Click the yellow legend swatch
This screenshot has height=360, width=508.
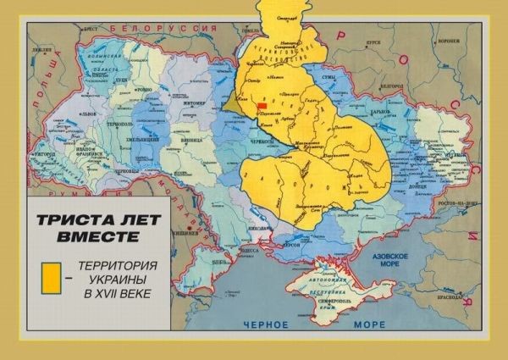point(52,276)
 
